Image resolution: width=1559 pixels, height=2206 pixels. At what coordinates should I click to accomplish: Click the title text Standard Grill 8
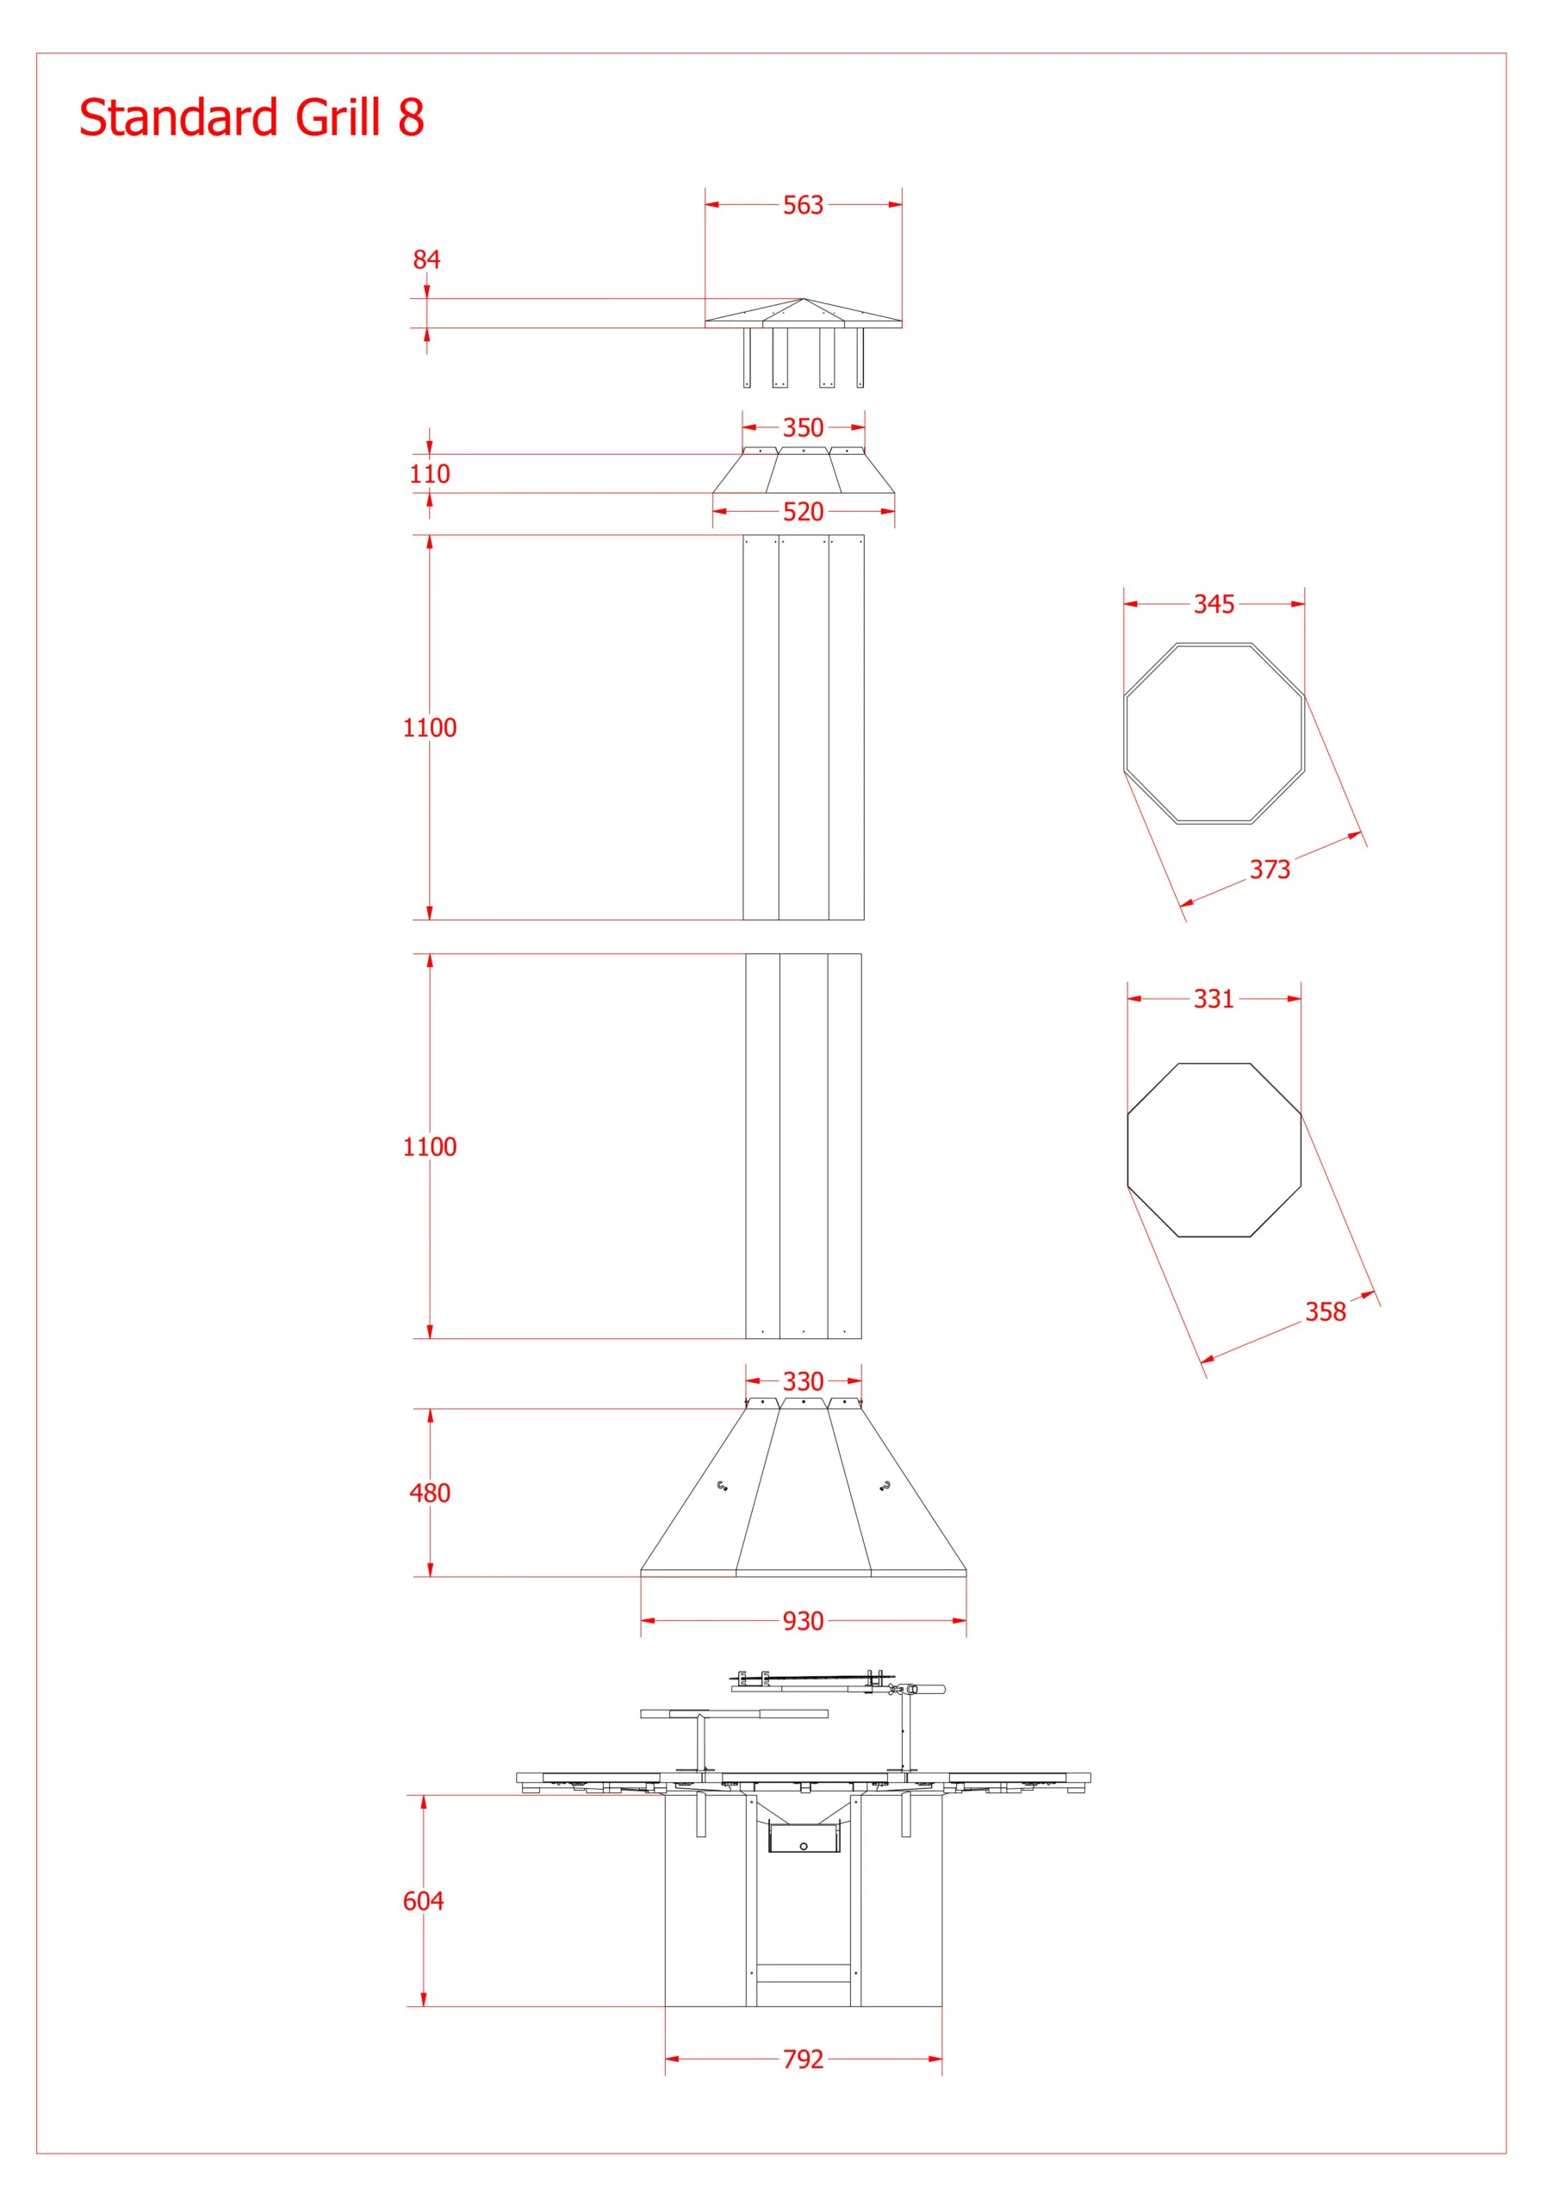[252, 117]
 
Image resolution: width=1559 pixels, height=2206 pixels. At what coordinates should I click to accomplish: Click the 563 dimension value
[803, 204]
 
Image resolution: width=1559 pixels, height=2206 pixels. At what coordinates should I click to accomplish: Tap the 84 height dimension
[426, 259]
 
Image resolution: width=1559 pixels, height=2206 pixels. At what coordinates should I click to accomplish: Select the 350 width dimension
[803, 427]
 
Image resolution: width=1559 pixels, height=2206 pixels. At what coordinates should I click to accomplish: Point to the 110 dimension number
[430, 474]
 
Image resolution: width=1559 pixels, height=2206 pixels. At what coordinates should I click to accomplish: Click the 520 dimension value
[803, 511]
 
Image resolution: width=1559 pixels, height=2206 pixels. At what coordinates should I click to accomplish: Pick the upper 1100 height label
[430, 727]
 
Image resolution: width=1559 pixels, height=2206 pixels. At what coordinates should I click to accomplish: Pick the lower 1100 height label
[430, 1146]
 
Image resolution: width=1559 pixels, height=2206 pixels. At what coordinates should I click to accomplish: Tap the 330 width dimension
[803, 1380]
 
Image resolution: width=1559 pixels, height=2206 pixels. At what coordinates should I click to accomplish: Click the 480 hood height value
[430, 1492]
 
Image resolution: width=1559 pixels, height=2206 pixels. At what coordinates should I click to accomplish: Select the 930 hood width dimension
[803, 1621]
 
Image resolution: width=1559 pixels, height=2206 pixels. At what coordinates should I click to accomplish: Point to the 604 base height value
[423, 1900]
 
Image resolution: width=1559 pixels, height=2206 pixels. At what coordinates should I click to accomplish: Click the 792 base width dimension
[803, 2059]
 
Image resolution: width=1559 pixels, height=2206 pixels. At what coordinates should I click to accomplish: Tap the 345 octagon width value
[1214, 603]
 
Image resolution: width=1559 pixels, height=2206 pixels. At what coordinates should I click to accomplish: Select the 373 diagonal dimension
[1270, 869]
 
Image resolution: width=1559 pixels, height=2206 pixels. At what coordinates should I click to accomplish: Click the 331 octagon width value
[1214, 998]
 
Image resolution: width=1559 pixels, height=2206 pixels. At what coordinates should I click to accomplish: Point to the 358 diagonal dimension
[1326, 1312]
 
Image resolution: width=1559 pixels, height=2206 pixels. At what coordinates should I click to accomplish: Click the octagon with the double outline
[1125, 733]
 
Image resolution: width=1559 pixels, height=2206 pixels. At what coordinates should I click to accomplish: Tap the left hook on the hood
[723, 1486]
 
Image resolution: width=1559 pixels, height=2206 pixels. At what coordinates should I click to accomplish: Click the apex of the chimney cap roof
[803, 299]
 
